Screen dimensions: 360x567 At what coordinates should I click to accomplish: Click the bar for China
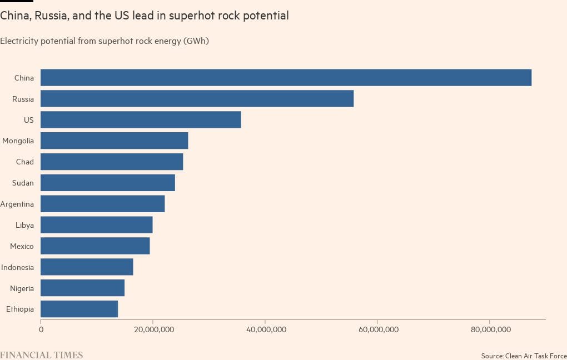click(286, 78)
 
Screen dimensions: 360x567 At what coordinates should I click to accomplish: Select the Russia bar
click(197, 99)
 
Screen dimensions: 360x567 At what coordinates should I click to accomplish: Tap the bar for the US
click(141, 120)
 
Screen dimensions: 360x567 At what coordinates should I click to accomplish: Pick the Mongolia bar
click(114, 141)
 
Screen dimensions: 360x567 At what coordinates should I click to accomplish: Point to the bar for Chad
click(112, 162)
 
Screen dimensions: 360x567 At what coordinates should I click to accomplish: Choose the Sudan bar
click(108, 183)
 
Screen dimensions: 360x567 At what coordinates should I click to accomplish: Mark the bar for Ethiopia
click(79, 309)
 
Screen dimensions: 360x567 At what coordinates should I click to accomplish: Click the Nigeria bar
click(82, 288)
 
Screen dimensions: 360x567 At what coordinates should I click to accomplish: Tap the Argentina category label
click(17, 204)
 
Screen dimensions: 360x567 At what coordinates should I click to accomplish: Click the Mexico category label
click(22, 246)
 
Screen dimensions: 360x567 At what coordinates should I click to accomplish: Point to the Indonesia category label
click(17, 267)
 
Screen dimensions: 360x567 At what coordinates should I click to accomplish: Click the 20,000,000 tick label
click(153, 329)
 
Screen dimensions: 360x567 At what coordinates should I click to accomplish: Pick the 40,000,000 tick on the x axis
click(265, 329)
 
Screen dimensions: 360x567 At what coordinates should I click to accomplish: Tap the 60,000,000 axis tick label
click(377, 329)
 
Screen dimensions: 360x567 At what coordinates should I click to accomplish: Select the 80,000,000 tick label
click(490, 329)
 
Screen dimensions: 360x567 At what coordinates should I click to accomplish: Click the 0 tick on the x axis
click(41, 329)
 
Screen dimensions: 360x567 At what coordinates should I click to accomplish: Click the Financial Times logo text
click(41, 354)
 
